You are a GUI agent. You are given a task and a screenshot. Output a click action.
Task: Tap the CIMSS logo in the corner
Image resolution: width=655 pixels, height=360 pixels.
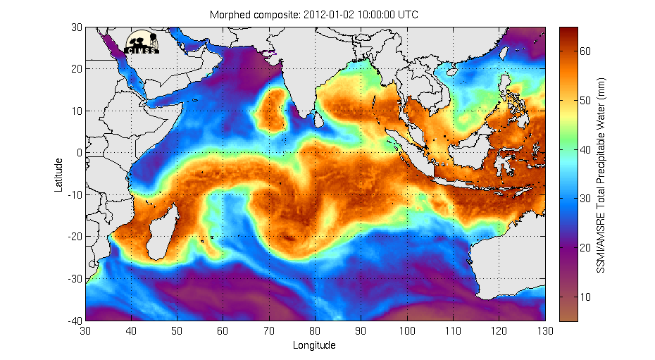tap(142, 42)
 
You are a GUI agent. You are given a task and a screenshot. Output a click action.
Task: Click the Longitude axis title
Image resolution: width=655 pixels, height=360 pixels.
tap(313, 345)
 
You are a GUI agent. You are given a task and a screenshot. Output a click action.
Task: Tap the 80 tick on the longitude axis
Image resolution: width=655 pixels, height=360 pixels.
tap(316, 330)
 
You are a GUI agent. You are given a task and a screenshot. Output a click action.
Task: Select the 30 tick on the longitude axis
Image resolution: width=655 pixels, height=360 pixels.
tap(86, 330)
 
